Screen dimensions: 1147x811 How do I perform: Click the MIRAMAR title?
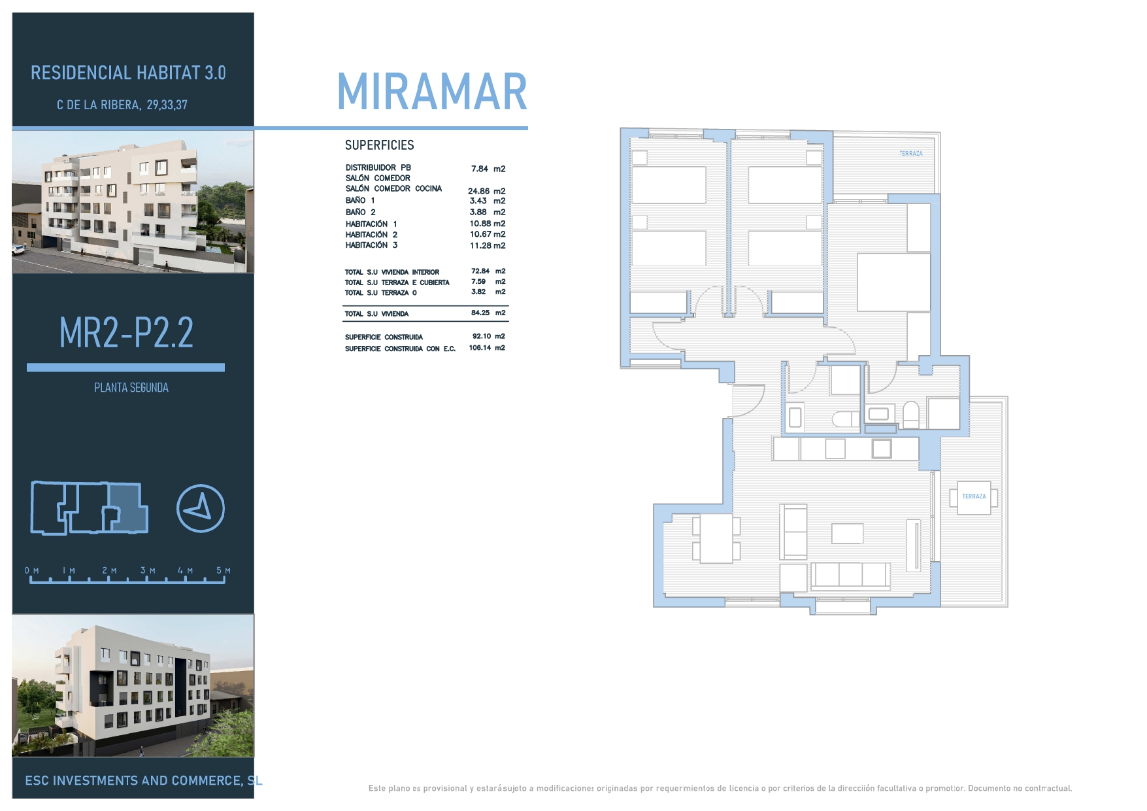tap(432, 92)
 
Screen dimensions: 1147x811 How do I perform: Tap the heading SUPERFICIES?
tap(380, 145)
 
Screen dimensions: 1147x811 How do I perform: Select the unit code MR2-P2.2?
tap(126, 332)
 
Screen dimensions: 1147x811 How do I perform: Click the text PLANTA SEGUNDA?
tap(131, 388)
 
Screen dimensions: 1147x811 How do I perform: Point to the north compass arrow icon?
tap(201, 508)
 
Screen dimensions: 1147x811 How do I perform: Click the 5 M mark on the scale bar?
tap(224, 571)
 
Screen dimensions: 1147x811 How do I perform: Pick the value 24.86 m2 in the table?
tap(487, 191)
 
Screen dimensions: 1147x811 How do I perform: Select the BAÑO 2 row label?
tap(361, 212)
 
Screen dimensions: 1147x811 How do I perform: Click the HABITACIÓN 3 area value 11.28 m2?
tap(488, 246)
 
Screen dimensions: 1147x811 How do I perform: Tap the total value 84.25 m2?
tap(488, 313)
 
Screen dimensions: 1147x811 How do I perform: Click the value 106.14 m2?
tap(487, 348)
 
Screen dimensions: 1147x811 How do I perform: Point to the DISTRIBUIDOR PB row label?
tap(378, 167)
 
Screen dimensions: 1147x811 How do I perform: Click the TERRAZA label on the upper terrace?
tap(911, 154)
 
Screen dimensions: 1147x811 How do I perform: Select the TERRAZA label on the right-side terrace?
tap(974, 496)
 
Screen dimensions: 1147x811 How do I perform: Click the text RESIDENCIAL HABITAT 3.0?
tap(128, 73)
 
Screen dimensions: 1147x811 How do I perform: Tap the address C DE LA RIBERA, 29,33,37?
tap(122, 105)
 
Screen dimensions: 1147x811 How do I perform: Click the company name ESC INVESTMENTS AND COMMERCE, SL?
tap(144, 780)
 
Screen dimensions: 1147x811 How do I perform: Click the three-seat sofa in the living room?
tap(850, 576)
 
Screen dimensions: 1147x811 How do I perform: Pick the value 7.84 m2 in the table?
tap(488, 169)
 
